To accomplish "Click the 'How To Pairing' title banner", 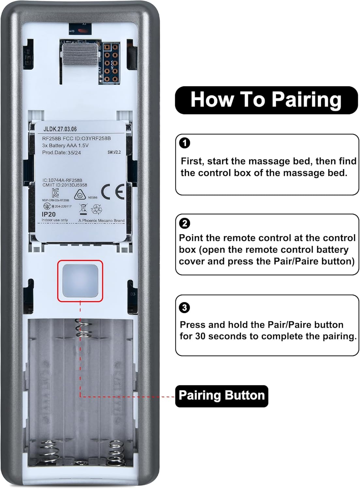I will point(266,100).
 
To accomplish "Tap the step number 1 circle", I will point(185,143).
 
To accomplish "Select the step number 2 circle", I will point(185,223).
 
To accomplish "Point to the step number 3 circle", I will point(185,307).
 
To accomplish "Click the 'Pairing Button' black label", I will point(222,396).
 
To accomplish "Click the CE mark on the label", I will point(112,192).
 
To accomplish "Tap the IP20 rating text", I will point(49,214).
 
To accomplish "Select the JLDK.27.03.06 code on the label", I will point(60,129).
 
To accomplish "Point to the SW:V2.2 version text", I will point(114,152).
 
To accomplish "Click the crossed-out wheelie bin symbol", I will point(83,209).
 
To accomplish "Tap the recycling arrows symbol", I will point(97,209).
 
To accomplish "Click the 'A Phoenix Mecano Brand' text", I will point(101,221).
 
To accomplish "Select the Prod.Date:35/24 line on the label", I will point(62,153).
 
